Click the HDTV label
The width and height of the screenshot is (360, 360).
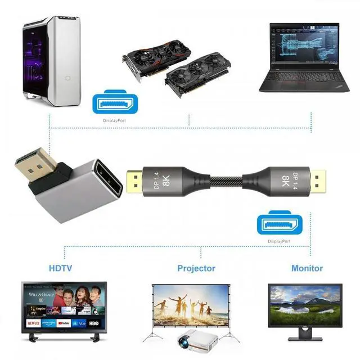[x=60, y=268]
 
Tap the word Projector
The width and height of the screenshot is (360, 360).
[x=196, y=268]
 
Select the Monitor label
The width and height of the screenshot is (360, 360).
[x=307, y=268]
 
